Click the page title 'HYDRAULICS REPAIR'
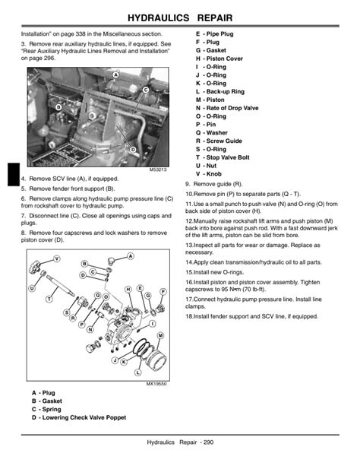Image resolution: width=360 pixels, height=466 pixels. tap(180, 15)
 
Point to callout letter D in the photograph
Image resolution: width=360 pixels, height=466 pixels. tap(133, 150)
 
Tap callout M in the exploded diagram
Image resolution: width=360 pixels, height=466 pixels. tap(160, 335)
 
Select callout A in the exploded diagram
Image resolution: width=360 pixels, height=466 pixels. tap(131, 255)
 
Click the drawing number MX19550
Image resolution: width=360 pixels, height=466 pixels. tap(156, 384)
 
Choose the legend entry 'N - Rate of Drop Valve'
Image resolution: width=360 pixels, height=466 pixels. tap(227, 108)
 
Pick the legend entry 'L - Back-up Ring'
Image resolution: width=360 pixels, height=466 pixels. tap(219, 91)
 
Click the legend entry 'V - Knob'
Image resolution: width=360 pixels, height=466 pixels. tap(210, 174)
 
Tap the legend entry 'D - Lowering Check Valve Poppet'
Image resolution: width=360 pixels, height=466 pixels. tap(78, 417)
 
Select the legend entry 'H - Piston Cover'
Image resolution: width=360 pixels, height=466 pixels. tap(219, 59)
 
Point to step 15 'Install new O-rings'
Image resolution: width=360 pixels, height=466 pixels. tap(223, 271)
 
